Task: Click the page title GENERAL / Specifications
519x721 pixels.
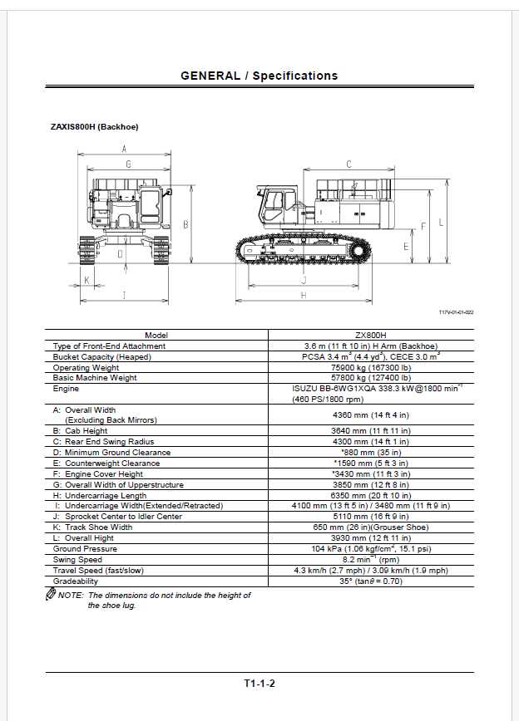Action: [259, 76]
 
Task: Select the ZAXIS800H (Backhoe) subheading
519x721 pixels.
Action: [95, 127]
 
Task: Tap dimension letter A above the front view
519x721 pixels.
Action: [123, 150]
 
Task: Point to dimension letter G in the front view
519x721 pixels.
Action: [128, 164]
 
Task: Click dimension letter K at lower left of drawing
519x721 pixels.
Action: [87, 280]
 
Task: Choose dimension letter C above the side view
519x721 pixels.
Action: [348, 164]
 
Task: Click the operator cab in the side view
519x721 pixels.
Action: [278, 205]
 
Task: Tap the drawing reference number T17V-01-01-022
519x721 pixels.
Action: [457, 311]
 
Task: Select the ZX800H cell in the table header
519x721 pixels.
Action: [371, 336]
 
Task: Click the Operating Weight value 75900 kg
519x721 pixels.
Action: [371, 367]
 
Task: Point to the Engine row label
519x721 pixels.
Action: [66, 389]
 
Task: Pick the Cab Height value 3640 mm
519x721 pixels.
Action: [371, 431]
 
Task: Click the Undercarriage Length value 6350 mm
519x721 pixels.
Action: [371, 495]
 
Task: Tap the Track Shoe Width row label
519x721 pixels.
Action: [92, 527]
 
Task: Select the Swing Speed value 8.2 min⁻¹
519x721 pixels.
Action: [371, 559]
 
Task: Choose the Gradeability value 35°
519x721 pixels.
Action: [371, 581]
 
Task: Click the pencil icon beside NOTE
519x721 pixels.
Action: [51, 595]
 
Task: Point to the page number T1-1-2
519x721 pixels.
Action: [259, 684]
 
